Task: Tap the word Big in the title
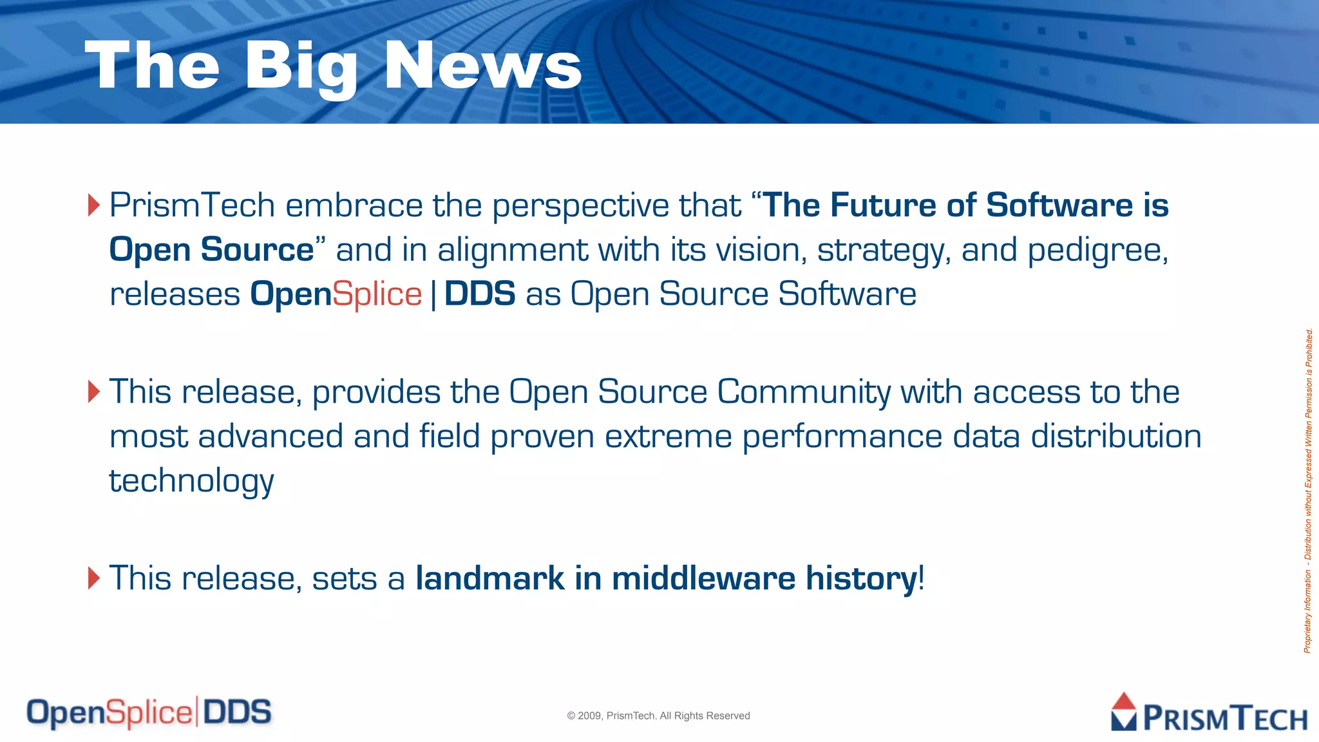[x=301, y=66]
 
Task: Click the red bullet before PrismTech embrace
[x=94, y=205]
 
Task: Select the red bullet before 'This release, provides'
[x=94, y=392]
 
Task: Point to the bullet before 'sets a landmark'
[x=94, y=578]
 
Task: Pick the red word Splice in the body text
[x=377, y=294]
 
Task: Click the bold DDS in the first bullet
[x=479, y=294]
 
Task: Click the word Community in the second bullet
[x=803, y=392]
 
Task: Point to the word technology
[x=191, y=481]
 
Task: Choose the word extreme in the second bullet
[x=668, y=437]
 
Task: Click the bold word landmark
[x=489, y=578]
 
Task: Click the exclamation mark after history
[x=922, y=578]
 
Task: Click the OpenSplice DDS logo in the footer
[x=149, y=712]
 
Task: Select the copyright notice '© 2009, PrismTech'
[x=658, y=716]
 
